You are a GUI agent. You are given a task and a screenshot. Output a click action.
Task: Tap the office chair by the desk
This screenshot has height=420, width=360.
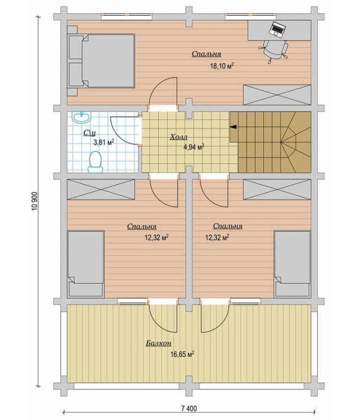(274, 51)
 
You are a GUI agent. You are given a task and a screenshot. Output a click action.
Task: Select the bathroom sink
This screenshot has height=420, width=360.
(82, 117)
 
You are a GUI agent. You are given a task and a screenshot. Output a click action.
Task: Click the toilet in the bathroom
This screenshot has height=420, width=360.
(95, 162)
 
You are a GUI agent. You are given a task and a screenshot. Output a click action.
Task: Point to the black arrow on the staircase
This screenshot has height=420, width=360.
(234, 127)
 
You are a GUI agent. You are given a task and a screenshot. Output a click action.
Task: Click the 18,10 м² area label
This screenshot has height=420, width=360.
(222, 66)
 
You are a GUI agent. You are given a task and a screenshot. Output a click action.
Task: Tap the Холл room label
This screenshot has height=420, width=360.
(179, 137)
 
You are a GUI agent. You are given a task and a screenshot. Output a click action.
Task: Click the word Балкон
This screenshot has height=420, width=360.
(158, 343)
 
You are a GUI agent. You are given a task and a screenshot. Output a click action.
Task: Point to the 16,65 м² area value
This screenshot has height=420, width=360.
(182, 355)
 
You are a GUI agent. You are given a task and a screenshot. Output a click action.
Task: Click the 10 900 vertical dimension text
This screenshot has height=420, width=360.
(35, 201)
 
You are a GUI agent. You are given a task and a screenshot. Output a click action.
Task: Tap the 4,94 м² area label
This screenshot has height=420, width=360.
(194, 147)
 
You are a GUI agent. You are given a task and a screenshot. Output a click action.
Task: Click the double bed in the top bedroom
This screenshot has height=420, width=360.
(101, 61)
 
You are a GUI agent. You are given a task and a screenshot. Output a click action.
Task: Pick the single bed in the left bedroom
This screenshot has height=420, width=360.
(86, 264)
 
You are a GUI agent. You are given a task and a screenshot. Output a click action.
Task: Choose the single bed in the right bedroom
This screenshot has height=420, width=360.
(293, 264)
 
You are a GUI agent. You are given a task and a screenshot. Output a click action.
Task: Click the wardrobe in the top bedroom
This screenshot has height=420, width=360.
(277, 95)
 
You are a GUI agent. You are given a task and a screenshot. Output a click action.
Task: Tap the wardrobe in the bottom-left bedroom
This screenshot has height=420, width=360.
(101, 189)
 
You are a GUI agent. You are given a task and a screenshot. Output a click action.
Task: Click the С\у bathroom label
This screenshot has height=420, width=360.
(89, 132)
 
